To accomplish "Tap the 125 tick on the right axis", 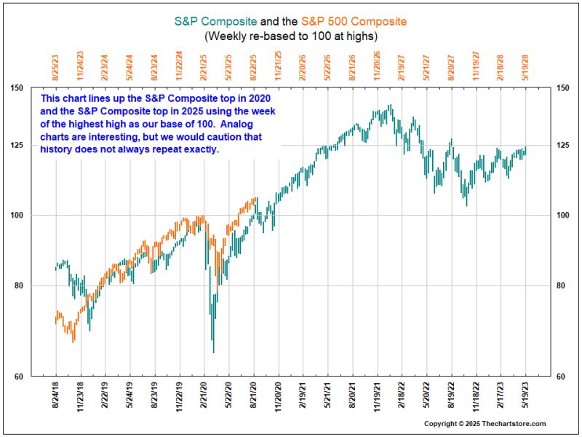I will coord(562,145).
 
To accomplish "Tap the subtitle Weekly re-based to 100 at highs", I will coord(291,35).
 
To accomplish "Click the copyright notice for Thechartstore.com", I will coord(485,424).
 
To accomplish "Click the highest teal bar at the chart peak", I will coord(390,106).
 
